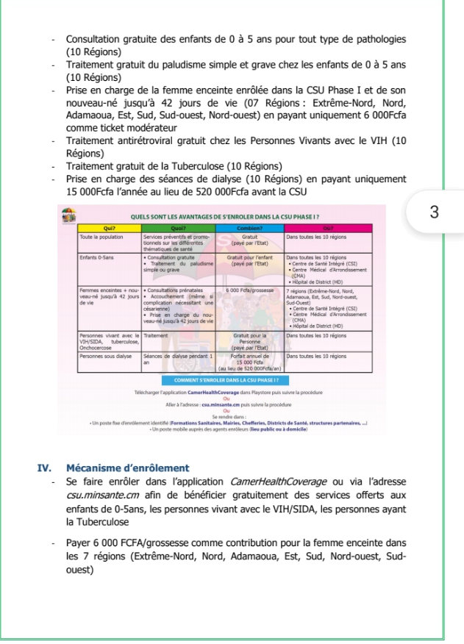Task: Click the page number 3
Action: [434, 212]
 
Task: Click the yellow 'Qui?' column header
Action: [110, 229]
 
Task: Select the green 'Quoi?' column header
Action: [176, 229]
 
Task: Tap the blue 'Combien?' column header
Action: [247, 229]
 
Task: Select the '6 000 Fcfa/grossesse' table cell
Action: [247, 292]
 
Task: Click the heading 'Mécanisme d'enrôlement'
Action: [127, 468]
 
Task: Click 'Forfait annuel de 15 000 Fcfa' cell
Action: [247, 359]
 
